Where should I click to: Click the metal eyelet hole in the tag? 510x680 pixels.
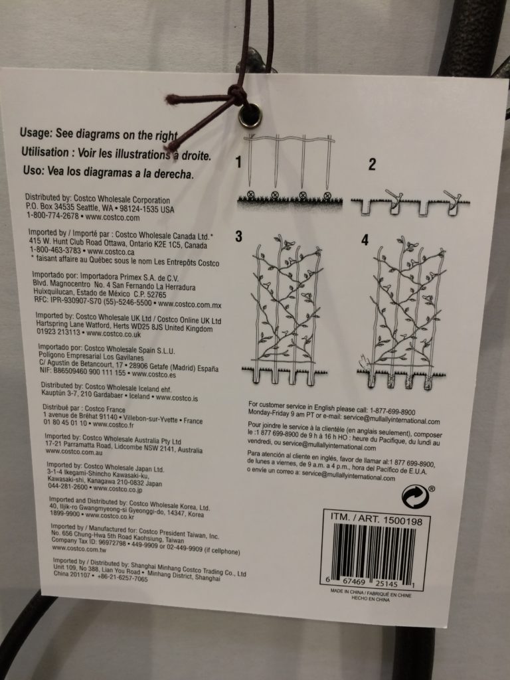(x=250, y=116)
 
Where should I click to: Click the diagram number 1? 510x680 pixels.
(x=238, y=162)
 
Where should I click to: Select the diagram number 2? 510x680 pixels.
(x=372, y=165)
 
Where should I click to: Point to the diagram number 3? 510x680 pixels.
(x=238, y=236)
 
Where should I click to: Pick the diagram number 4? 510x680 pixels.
(x=365, y=239)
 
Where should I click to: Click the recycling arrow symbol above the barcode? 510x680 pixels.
(x=415, y=497)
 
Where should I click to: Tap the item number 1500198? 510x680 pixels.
(x=401, y=521)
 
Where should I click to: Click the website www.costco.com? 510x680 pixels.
(x=113, y=217)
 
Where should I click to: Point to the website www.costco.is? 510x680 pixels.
(x=177, y=397)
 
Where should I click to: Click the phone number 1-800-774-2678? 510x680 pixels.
(x=53, y=215)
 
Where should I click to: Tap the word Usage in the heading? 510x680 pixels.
(x=35, y=133)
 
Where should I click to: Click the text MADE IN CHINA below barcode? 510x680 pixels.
(x=347, y=591)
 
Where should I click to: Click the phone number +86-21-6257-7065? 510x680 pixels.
(x=122, y=578)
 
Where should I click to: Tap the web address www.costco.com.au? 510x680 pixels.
(x=74, y=452)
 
